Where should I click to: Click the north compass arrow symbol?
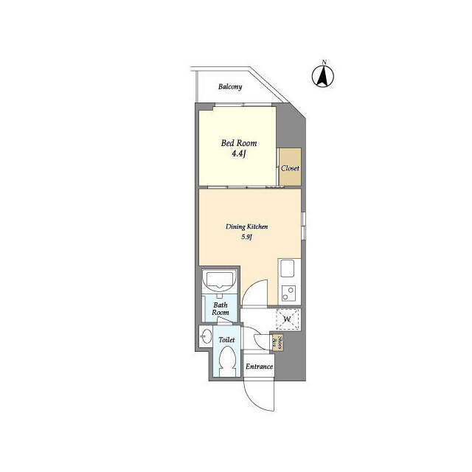[x=323, y=75]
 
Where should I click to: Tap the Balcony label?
[x=230, y=87]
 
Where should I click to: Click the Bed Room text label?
[x=239, y=143]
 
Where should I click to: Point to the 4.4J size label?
[x=239, y=154]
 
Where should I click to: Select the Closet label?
[x=290, y=168]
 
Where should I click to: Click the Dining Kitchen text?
[x=247, y=226]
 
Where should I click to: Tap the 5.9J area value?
[x=246, y=237]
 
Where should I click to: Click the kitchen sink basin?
[x=287, y=268]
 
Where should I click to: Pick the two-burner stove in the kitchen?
[x=288, y=294]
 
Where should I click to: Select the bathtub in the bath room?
[x=219, y=281]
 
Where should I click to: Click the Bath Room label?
[x=221, y=309]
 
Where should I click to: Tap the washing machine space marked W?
[x=288, y=319]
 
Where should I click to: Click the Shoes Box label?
[x=277, y=342]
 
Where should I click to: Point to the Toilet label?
[x=226, y=340]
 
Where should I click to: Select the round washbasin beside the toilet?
[x=206, y=336]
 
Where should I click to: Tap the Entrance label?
[x=259, y=367]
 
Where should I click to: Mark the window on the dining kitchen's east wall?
[x=304, y=226]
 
